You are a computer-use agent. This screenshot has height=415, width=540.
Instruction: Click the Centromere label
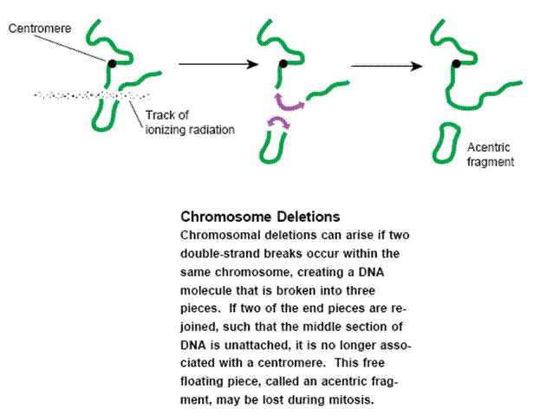click(40, 29)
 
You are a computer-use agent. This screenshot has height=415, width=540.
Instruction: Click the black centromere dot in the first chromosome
click(112, 63)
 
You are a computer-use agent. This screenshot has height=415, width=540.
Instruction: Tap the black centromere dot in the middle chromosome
click(283, 63)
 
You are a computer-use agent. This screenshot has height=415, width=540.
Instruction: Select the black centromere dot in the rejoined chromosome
click(456, 63)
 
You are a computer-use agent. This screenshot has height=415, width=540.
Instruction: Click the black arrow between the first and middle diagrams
click(218, 64)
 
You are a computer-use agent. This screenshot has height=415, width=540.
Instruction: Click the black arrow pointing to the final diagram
click(387, 66)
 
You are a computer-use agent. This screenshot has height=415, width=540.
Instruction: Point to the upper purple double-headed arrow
click(289, 103)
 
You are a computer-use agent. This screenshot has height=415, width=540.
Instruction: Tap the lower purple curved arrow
click(278, 122)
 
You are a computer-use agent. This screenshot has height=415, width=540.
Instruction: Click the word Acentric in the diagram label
click(488, 147)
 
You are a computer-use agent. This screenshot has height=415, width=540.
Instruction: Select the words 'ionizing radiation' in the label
click(190, 130)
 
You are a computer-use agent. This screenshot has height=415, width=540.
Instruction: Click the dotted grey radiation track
click(92, 95)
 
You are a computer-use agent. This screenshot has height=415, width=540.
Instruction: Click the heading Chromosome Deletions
click(260, 217)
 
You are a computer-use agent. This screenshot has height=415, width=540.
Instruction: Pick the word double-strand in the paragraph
click(220, 254)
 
